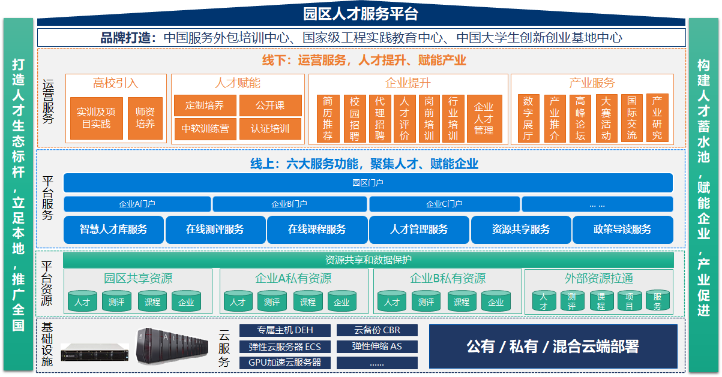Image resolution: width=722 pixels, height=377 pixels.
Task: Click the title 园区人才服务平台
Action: coord(361,14)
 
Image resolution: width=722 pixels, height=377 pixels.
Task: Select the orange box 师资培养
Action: coord(145,118)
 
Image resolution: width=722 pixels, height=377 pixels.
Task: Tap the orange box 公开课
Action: coord(270,105)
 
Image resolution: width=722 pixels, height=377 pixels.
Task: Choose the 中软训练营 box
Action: coord(205,129)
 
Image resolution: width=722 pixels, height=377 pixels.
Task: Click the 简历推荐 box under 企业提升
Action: coord(328,119)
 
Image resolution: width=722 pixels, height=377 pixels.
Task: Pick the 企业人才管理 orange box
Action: coord(484,119)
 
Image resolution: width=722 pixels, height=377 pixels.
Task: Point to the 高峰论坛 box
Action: coord(580,119)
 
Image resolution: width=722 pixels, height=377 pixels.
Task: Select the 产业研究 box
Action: coord(657,119)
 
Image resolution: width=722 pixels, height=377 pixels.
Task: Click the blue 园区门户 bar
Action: coord(368,183)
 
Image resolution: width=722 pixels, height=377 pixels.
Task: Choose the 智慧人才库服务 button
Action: coord(113,230)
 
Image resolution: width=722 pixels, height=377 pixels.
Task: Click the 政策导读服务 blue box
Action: coord(622,230)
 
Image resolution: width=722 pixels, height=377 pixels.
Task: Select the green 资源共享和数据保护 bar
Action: coord(368,260)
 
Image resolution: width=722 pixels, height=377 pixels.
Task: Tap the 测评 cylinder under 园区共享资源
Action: coord(116,301)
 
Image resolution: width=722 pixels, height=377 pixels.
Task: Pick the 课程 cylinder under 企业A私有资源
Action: coord(308,301)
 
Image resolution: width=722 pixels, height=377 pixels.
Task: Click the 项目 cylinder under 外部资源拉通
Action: coord(630,301)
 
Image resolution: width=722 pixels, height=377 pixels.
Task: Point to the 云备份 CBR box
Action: coord(377,330)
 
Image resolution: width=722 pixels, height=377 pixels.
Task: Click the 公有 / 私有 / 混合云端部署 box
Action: coord(553,346)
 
